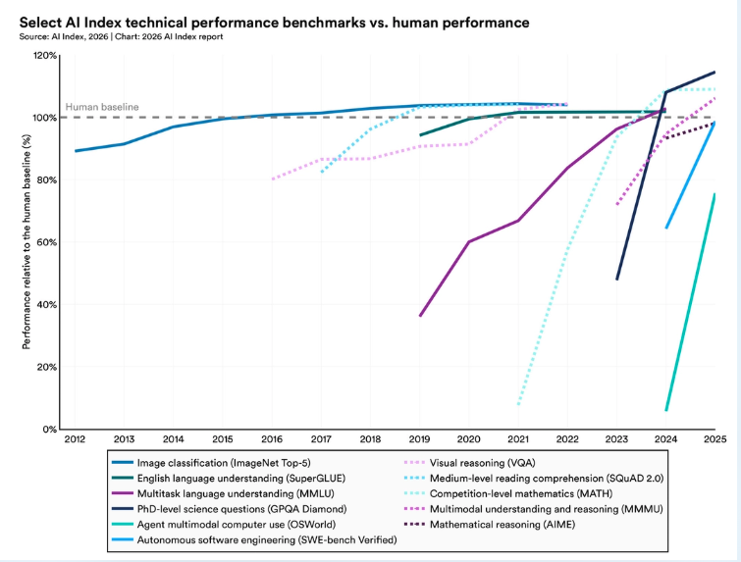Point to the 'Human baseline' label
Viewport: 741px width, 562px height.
click(102, 107)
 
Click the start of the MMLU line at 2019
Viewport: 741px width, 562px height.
click(420, 316)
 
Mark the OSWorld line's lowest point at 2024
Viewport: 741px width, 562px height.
click(666, 410)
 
